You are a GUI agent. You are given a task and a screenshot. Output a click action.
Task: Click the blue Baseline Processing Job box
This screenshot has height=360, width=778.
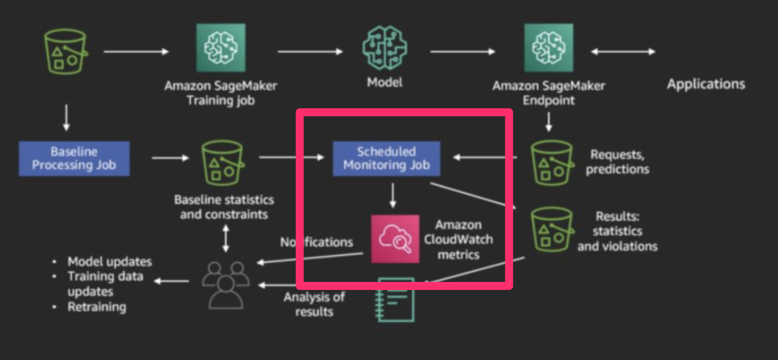(x=74, y=159)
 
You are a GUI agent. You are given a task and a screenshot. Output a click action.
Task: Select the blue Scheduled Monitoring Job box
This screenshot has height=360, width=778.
(x=386, y=159)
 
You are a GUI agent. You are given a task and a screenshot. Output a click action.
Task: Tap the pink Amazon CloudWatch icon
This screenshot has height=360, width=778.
(x=395, y=239)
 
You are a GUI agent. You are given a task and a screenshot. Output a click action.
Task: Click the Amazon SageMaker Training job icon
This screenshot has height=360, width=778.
(x=220, y=48)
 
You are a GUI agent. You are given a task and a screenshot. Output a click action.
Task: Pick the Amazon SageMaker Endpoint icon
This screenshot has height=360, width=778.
(x=548, y=48)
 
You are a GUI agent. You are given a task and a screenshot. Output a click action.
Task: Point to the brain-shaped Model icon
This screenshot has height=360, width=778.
(x=384, y=48)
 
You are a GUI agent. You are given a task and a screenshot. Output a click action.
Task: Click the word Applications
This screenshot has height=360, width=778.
(x=706, y=84)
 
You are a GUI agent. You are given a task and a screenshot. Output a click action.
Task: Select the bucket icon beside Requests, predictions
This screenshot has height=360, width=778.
(x=551, y=162)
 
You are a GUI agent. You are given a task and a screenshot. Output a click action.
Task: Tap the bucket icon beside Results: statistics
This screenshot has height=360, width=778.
(x=551, y=229)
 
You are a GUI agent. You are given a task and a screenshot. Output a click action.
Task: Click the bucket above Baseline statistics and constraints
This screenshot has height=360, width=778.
(x=222, y=162)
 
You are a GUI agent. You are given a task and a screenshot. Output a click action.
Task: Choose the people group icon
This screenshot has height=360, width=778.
(x=226, y=283)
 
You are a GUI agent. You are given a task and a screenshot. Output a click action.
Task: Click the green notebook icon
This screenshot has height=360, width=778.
(x=396, y=300)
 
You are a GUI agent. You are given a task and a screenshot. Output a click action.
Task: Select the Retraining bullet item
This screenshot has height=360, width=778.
(x=97, y=307)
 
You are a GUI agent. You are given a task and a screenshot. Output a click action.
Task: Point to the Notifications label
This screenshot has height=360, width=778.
(x=316, y=242)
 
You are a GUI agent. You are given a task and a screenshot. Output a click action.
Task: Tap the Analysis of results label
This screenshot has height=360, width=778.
(x=314, y=304)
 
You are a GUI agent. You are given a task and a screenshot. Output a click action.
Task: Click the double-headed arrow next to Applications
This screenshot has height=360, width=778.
(x=623, y=52)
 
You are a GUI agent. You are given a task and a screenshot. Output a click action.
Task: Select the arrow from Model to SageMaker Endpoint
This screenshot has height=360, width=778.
(x=462, y=52)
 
